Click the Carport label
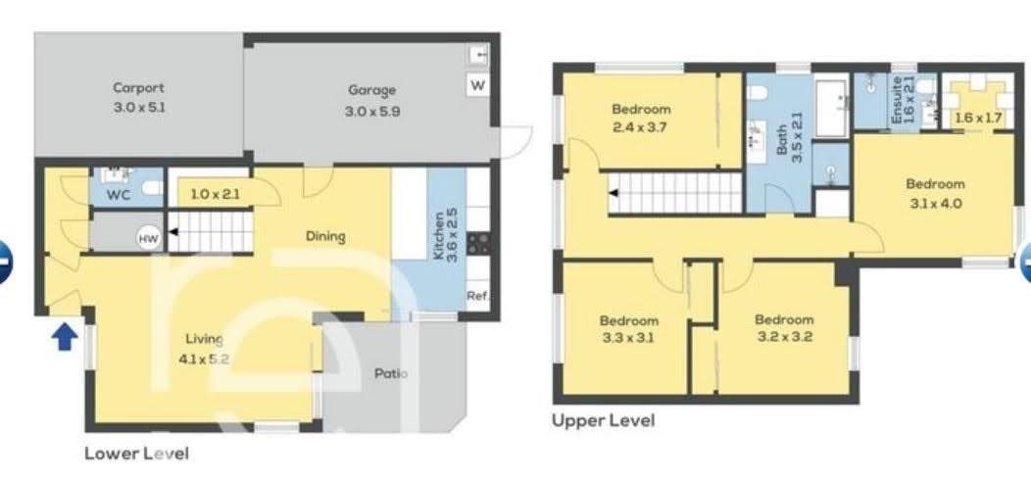[138, 87]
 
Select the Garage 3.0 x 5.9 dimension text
[372, 112]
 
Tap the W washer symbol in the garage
[478, 85]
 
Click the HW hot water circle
[149, 239]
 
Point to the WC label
[119, 195]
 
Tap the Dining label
[325, 236]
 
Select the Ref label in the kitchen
[476, 296]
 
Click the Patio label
[391, 374]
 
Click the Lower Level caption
[137, 454]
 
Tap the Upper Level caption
[603, 420]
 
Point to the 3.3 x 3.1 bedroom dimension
[628, 339]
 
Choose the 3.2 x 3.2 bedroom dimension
[784, 338]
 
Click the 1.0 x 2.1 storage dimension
[216, 195]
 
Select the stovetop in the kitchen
[478, 243]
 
